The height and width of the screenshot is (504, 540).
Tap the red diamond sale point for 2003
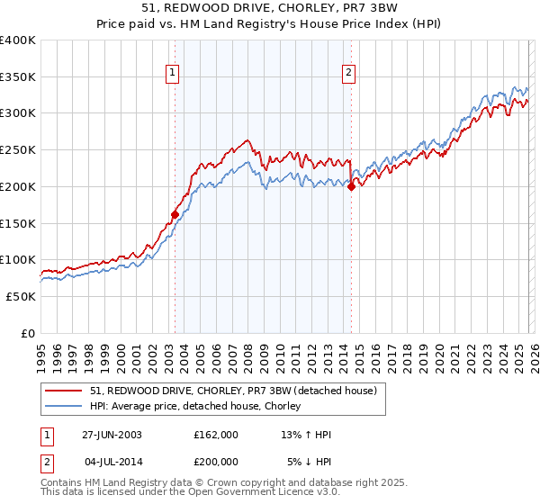[175, 214]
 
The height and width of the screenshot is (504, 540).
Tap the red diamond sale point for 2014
[351, 186]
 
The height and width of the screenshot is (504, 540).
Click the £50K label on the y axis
[21, 296]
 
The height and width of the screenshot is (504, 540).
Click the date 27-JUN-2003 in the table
[112, 435]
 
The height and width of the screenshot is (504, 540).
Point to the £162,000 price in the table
[215, 435]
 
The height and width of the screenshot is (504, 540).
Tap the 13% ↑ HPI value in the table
[306, 435]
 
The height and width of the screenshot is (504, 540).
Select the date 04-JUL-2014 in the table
[112, 461]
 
